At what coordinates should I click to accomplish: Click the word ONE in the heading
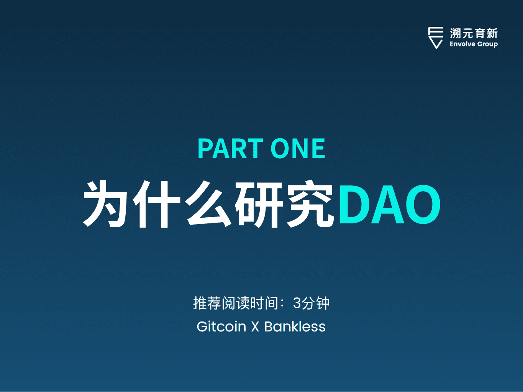[x=298, y=149]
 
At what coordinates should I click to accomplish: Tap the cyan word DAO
[x=389, y=204]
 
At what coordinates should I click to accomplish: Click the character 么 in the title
[x=209, y=204]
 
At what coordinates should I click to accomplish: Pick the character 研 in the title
[x=259, y=204]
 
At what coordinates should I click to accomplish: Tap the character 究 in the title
[x=310, y=204]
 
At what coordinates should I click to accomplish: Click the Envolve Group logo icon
[x=436, y=38]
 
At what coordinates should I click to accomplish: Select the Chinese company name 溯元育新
[x=474, y=33]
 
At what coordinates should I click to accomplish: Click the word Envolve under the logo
[x=462, y=44]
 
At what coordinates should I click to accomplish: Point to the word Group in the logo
[x=487, y=44]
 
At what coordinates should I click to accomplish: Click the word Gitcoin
[x=221, y=327]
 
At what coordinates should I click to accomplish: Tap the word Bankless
[x=295, y=327]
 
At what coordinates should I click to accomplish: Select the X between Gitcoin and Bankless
[x=255, y=327]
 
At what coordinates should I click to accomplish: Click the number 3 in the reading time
[x=297, y=303]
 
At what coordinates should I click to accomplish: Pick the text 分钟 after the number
[x=316, y=303]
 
